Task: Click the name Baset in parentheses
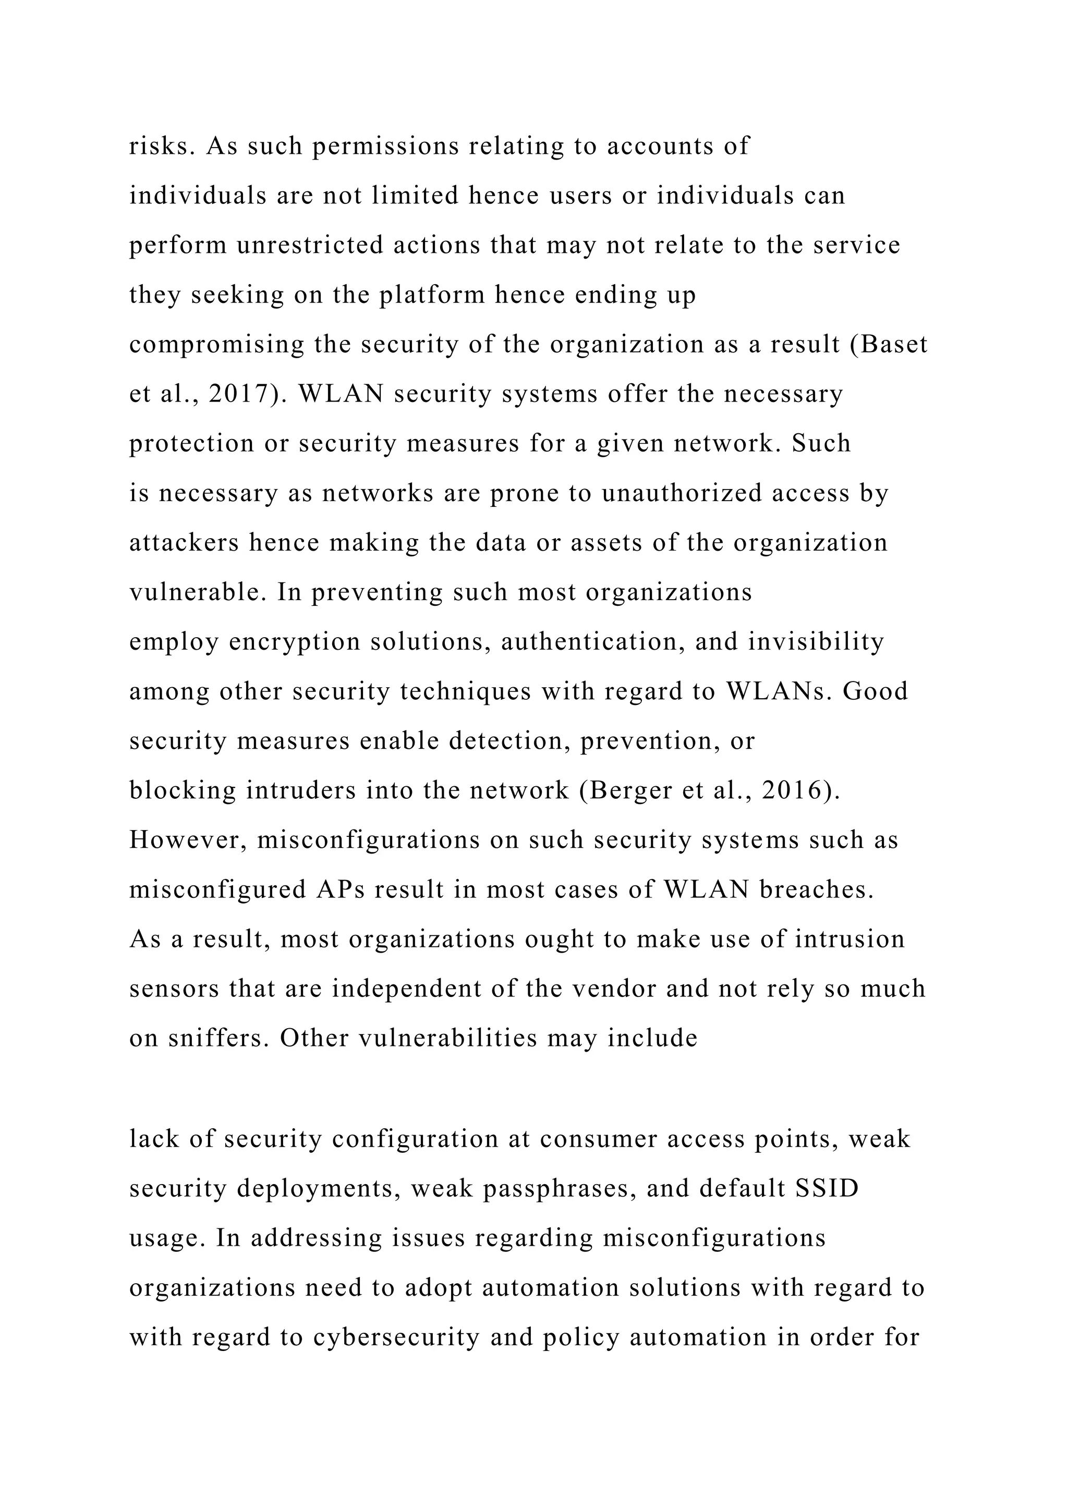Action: tap(894, 345)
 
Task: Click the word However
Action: tap(188, 840)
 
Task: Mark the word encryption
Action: tap(295, 642)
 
